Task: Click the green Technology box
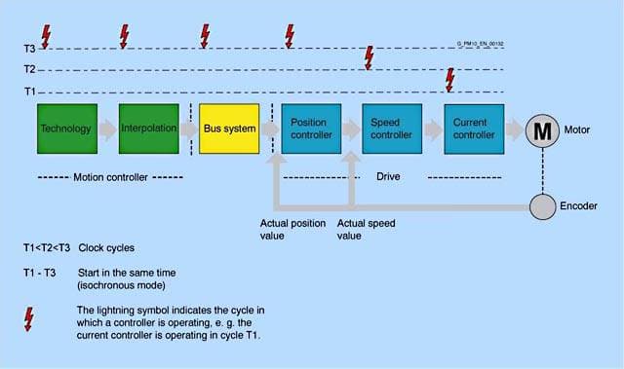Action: click(67, 129)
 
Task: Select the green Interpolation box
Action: click(149, 129)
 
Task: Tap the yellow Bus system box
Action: click(229, 129)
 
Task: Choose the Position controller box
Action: click(311, 129)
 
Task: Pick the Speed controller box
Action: click(392, 129)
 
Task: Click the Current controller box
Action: click(474, 129)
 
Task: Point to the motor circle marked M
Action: click(542, 131)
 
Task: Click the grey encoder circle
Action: click(542, 206)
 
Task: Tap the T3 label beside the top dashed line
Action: click(30, 49)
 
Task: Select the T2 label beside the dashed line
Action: click(30, 69)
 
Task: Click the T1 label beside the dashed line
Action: click(30, 92)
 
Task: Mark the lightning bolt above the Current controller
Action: click(450, 80)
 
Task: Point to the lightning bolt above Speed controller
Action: click(370, 58)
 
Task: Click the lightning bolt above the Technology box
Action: click(46, 37)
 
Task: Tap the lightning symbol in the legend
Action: click(28, 319)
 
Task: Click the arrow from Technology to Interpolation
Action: click(108, 129)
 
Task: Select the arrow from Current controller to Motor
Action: click(515, 129)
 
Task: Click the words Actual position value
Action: click(292, 230)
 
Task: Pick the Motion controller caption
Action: click(110, 177)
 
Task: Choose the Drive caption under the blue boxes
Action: click(388, 176)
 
